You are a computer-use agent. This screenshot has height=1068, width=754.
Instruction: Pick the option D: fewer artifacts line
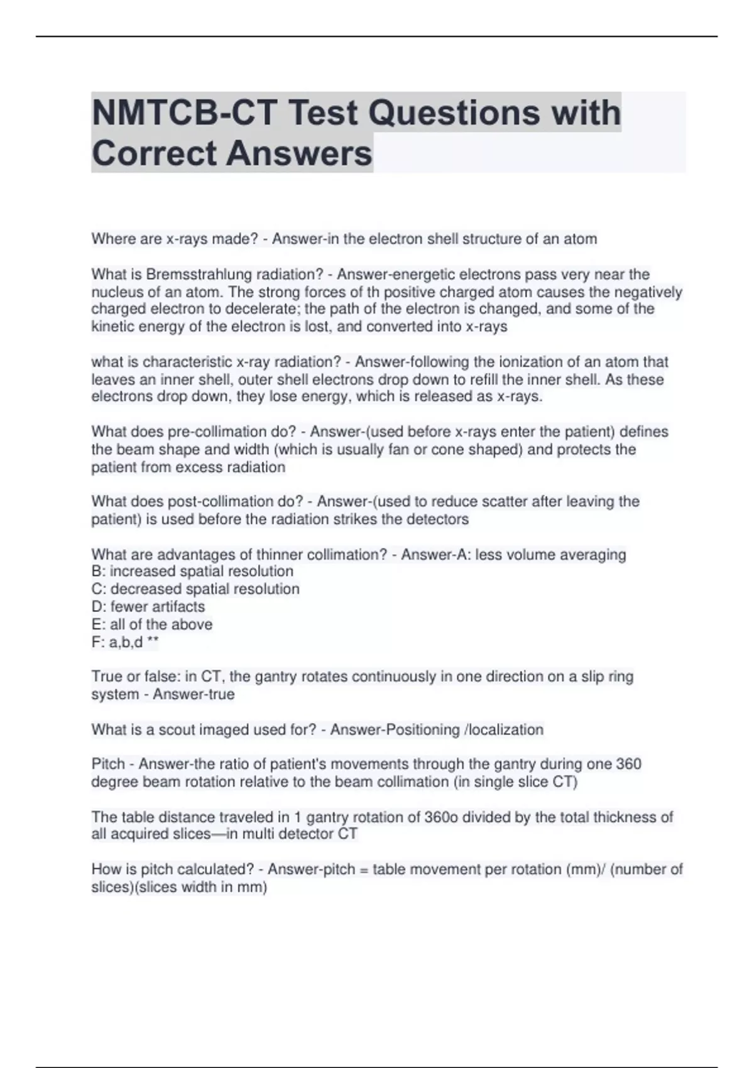point(148,606)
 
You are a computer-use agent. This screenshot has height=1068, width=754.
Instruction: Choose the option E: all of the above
point(152,624)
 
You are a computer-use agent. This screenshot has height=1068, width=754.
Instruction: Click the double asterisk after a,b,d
point(153,641)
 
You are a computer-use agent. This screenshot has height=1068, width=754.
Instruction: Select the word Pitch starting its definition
point(108,764)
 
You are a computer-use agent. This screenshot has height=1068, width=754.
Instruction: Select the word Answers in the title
point(299,153)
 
